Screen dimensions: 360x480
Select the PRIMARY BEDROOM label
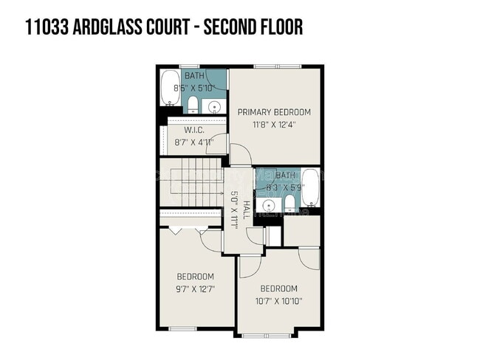[274, 112]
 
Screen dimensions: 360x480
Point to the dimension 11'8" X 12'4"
[274, 125]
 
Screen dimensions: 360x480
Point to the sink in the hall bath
[267, 203]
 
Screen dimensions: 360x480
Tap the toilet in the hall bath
[290, 203]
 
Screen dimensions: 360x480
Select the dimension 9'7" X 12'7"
[195, 290]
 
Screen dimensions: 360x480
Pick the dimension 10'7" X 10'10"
[279, 300]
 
